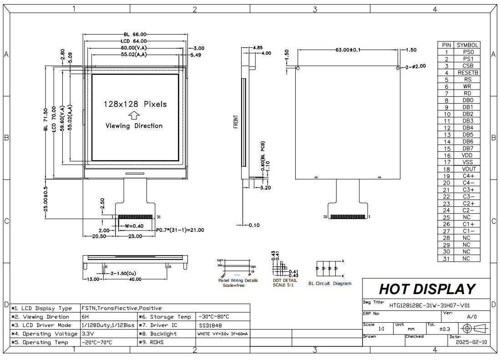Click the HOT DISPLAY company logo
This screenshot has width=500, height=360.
tap(427, 289)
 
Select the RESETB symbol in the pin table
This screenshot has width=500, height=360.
tap(467, 73)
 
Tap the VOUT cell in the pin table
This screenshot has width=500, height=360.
tap(467, 169)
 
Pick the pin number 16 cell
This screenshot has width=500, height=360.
tap(446, 155)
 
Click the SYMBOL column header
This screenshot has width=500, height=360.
tap(467, 45)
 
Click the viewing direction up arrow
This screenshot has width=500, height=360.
tap(134, 115)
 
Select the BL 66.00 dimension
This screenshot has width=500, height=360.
tap(135, 35)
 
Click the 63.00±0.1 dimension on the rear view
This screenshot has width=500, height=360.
tap(348, 50)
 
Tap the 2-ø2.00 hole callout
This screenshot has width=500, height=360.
tap(415, 66)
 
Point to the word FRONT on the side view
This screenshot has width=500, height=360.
tap(236, 121)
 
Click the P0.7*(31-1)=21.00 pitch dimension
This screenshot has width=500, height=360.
tap(180, 230)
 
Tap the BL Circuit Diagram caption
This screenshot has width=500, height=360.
tap(329, 284)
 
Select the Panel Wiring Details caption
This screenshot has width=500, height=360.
tap(237, 280)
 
